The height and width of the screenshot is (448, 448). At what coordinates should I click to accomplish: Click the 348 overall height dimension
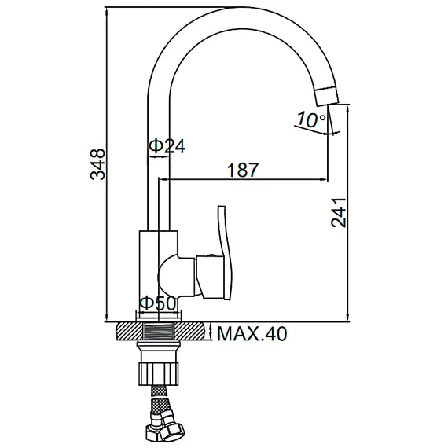click(97, 164)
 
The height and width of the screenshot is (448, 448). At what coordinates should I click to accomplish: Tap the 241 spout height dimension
click(339, 212)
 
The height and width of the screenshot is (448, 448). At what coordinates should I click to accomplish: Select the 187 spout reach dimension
click(243, 170)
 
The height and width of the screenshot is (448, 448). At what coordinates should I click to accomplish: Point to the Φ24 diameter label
click(167, 146)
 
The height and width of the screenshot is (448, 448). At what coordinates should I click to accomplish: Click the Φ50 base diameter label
click(158, 303)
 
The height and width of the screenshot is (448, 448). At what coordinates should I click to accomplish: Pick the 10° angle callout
click(310, 119)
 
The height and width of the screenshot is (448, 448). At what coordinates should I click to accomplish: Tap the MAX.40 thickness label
click(252, 333)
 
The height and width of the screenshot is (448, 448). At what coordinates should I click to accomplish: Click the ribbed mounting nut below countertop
click(159, 373)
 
